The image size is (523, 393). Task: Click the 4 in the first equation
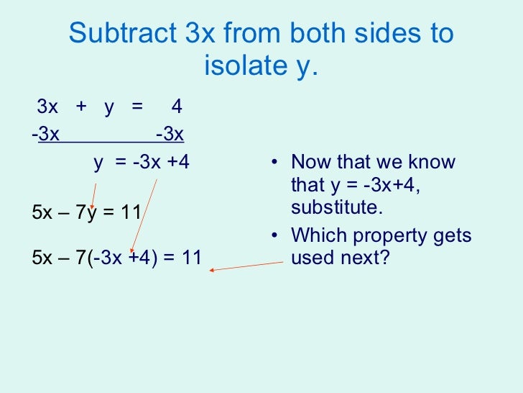(177, 107)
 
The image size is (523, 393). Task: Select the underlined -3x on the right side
(170, 135)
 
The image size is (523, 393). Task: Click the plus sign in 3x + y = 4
(80, 107)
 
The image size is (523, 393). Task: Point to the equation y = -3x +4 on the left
(142, 162)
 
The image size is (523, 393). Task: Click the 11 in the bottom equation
(188, 258)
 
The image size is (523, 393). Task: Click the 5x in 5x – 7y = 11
(42, 212)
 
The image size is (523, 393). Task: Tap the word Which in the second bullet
(318, 235)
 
